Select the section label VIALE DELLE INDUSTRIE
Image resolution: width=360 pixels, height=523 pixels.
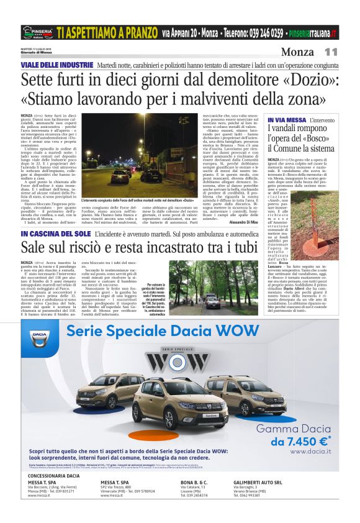pos(56,65)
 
